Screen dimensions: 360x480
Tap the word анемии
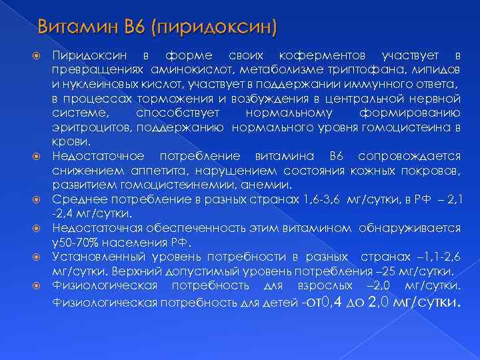(x=268, y=185)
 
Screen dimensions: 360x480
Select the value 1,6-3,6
(x=320, y=199)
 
